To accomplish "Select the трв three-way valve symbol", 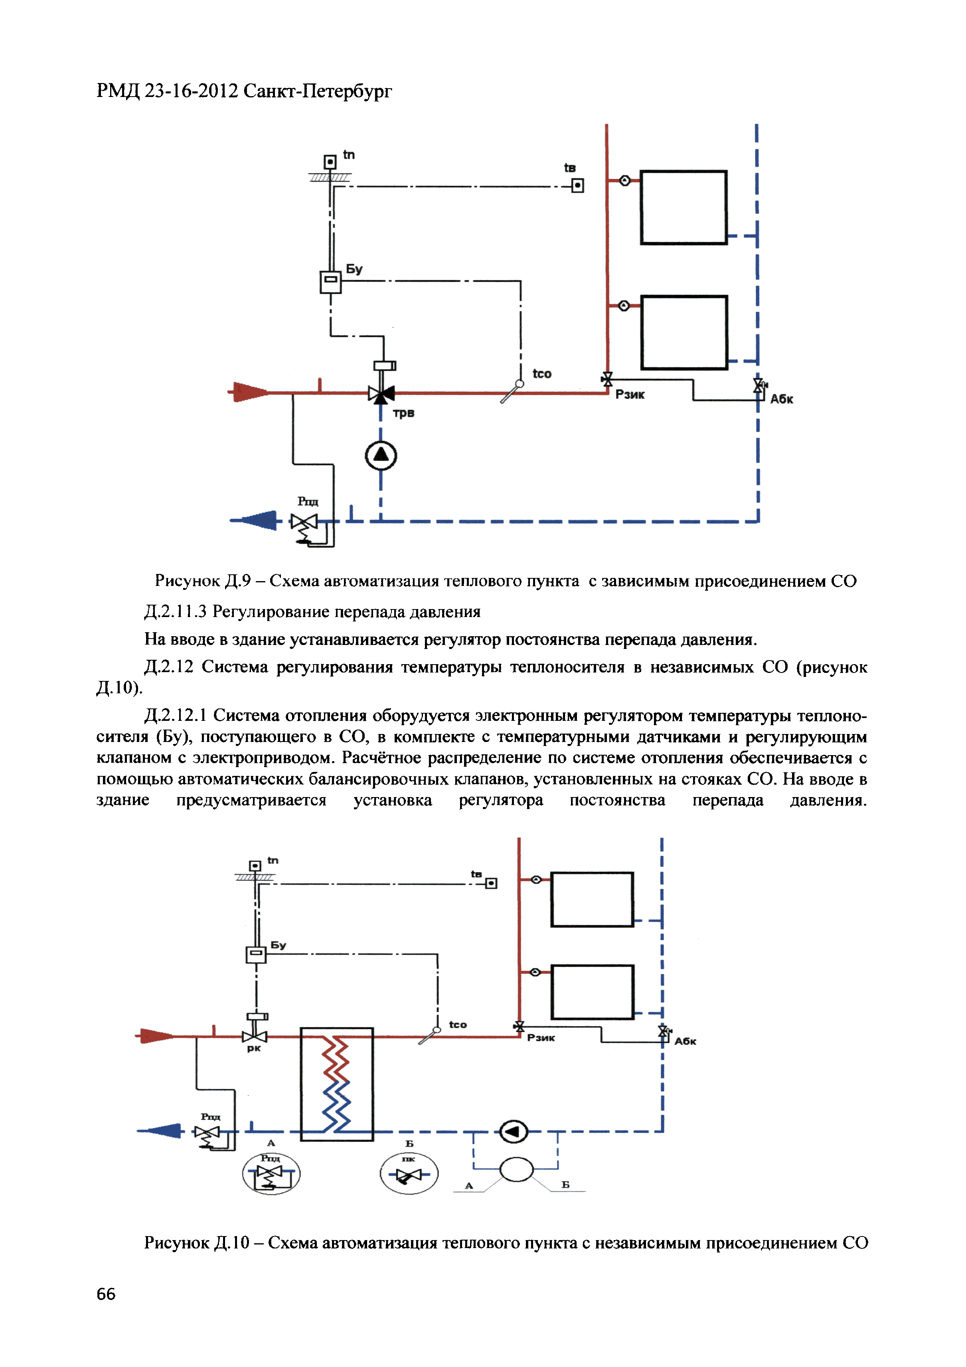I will pyautogui.click(x=381, y=394).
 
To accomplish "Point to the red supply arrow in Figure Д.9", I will pyautogui.click(x=250, y=392).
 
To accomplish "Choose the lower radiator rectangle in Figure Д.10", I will pyautogui.click(x=592, y=992).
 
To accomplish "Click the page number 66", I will pyautogui.click(x=106, y=1294).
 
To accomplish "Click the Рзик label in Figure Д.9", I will pyautogui.click(x=630, y=395).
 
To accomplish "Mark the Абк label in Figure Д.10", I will pyautogui.click(x=685, y=1041).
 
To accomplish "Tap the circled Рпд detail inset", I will pyautogui.click(x=271, y=1173).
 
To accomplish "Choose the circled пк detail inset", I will pyautogui.click(x=409, y=1173).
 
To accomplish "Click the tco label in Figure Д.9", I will pyautogui.click(x=541, y=374).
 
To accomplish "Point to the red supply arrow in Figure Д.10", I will pyautogui.click(x=156, y=1036).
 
